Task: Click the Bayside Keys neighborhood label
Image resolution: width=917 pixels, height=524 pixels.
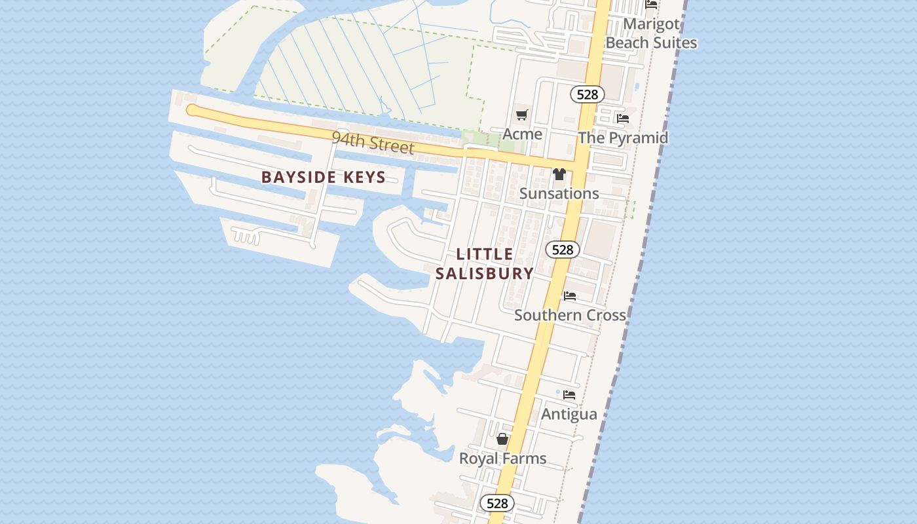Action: [324, 177]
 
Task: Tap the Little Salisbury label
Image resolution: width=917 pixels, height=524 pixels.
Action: [484, 264]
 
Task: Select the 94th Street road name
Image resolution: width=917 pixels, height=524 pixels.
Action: [373, 142]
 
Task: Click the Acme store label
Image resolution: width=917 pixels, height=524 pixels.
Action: [522, 134]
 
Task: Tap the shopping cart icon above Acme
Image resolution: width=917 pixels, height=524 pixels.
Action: [521, 115]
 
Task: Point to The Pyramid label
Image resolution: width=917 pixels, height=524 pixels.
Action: [622, 138]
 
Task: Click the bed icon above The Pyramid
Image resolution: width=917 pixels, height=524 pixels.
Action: [623, 119]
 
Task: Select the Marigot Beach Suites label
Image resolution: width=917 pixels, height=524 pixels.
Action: [651, 33]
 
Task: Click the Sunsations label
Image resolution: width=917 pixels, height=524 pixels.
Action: [559, 193]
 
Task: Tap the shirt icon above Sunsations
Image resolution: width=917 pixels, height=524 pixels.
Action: [559, 174]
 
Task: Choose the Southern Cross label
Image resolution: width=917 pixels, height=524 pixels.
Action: [570, 315]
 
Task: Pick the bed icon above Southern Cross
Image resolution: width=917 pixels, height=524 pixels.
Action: [570, 296]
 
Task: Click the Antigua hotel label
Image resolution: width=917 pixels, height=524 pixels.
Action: [569, 414]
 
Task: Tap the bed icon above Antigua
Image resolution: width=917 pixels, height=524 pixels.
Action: [569, 395]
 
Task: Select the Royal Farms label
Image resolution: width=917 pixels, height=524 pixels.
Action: [502, 458]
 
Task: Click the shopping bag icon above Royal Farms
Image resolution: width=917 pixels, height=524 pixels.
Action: [502, 439]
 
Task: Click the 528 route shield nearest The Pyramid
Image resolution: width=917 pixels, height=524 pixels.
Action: [588, 94]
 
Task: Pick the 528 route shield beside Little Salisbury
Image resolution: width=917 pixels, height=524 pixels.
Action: [562, 249]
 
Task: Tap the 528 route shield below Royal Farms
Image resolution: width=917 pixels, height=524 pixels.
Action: [497, 503]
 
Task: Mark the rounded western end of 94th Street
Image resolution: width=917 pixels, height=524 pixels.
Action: [192, 110]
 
